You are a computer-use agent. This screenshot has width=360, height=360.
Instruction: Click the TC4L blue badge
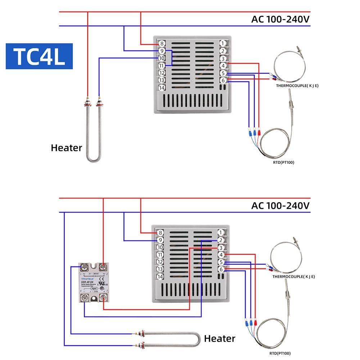39,56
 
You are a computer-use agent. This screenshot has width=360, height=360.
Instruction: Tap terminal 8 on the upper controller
161,44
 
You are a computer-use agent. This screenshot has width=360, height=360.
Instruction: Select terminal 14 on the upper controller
161,88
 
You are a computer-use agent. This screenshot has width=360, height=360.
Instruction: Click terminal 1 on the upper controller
223,44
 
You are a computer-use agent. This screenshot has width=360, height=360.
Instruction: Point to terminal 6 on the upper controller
223,80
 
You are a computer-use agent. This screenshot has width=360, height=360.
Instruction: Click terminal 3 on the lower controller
221,248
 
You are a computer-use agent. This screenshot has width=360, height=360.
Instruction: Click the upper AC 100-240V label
280,19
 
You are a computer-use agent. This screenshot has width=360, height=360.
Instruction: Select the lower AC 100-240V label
280,206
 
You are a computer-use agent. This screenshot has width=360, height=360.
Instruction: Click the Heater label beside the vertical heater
66,148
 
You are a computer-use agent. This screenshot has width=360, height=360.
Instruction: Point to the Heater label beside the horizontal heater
220,338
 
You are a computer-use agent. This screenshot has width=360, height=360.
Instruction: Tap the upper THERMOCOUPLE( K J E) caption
297,86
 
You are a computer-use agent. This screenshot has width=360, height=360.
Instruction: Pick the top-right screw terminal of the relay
104,267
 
